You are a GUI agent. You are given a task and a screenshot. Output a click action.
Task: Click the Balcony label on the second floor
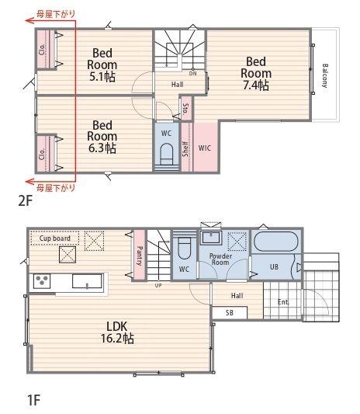324,75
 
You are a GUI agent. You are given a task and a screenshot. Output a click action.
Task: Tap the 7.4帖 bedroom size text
256,85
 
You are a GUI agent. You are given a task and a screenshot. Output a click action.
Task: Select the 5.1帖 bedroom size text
102,77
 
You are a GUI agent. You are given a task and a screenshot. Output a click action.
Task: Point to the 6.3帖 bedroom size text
102,148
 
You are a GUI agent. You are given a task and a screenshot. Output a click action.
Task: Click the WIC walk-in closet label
205,148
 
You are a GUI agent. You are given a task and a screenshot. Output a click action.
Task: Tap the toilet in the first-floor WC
184,248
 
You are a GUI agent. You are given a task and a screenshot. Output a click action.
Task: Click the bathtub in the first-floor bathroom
276,241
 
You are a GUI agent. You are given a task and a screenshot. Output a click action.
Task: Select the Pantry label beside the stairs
140,256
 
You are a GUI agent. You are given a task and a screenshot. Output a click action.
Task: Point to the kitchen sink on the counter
87,281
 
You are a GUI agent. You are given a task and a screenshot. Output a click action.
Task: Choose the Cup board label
55,238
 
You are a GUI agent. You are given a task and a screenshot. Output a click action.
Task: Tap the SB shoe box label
230,312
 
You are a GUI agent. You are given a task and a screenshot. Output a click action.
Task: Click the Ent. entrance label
283,302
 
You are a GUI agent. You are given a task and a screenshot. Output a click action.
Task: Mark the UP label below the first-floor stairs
158,285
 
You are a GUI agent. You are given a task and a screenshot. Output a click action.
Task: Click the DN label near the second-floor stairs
192,74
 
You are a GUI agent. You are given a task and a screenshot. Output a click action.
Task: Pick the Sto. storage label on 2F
186,108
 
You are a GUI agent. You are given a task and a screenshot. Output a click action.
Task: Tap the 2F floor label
26,201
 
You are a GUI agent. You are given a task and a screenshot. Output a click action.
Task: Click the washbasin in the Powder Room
211,238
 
